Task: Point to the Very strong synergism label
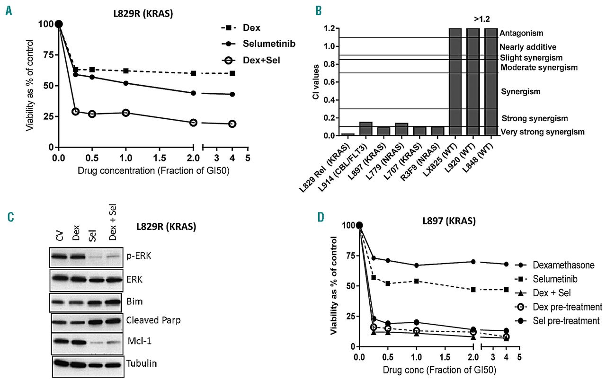pos(542,132)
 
